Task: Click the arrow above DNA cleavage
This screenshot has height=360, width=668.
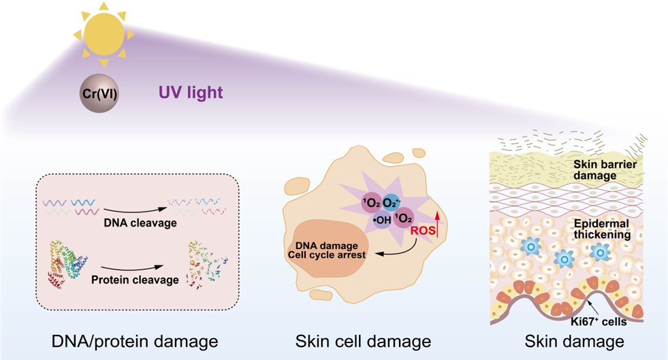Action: coord(131,201)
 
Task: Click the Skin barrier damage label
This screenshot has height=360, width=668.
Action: coord(604,170)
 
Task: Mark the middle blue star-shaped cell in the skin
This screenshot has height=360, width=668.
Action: coord(564,258)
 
